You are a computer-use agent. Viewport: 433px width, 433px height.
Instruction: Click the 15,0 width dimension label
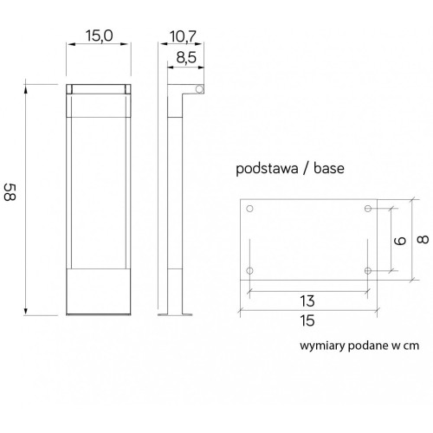99,36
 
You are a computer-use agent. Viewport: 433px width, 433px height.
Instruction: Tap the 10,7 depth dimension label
183,36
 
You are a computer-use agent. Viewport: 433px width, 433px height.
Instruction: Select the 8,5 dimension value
186,57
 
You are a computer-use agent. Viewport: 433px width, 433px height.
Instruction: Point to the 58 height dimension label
10,192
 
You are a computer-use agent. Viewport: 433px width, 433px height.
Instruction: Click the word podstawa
267,168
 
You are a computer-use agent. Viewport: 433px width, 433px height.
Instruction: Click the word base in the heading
329,168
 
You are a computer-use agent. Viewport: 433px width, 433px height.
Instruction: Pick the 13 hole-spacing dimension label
307,301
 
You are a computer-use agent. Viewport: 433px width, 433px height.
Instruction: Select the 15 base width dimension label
307,320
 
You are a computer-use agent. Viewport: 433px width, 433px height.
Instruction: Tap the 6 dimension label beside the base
400,241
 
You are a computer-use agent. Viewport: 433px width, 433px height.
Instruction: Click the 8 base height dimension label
423,240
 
